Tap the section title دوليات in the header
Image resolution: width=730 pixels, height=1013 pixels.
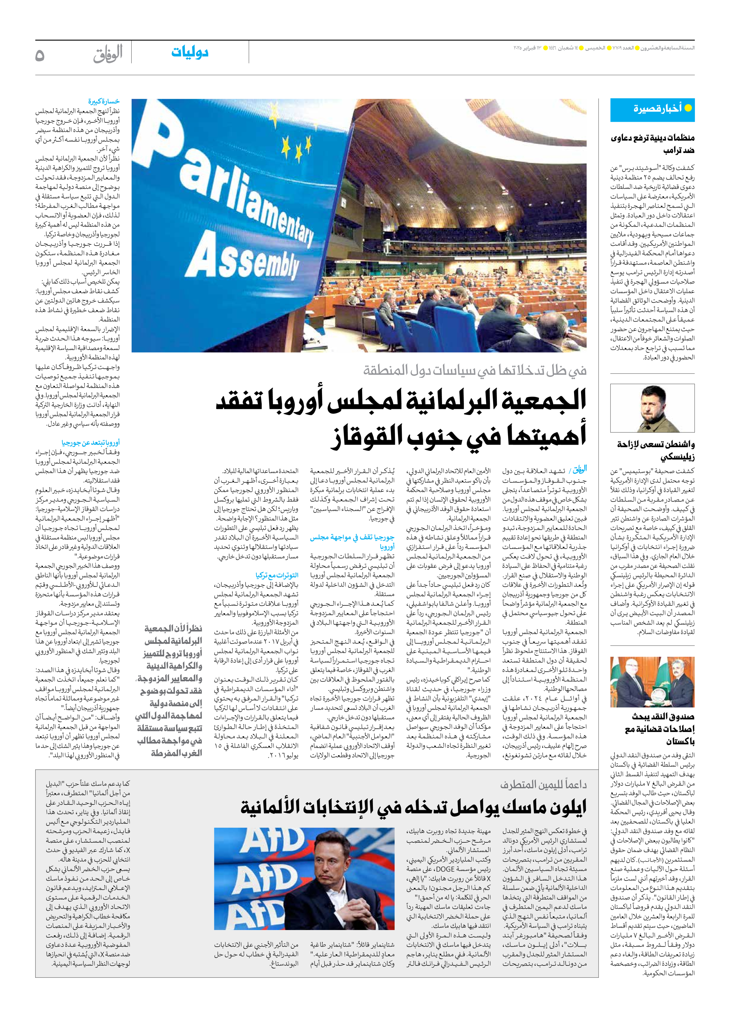(x=190, y=52)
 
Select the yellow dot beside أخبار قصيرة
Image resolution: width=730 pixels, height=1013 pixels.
(x=688, y=108)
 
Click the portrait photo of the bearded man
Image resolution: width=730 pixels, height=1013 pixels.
(x=652, y=408)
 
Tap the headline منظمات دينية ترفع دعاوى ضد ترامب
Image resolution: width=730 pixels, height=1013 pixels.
(x=652, y=144)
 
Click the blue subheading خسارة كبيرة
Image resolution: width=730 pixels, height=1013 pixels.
(x=104, y=101)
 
